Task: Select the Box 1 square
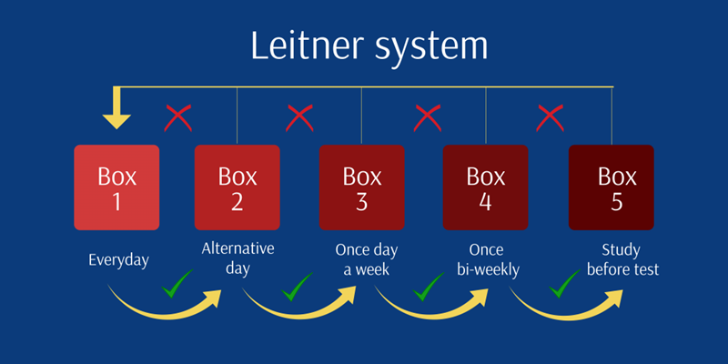tap(116, 187)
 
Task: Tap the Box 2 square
tap(238, 187)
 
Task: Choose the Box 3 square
tap(361, 187)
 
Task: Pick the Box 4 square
tap(485, 187)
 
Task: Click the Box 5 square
tap(611, 187)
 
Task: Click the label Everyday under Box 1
tap(118, 260)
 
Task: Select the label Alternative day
tap(238, 258)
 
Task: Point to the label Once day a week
tap(366, 258)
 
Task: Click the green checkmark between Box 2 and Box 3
tap(297, 288)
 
